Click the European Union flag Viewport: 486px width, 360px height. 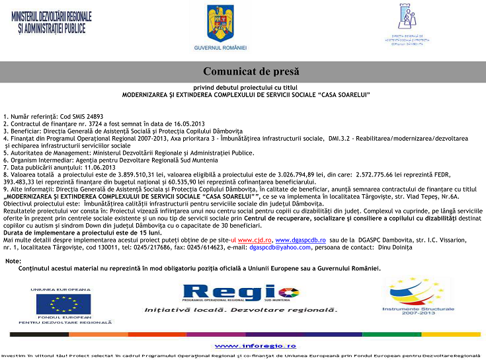(63, 305)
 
